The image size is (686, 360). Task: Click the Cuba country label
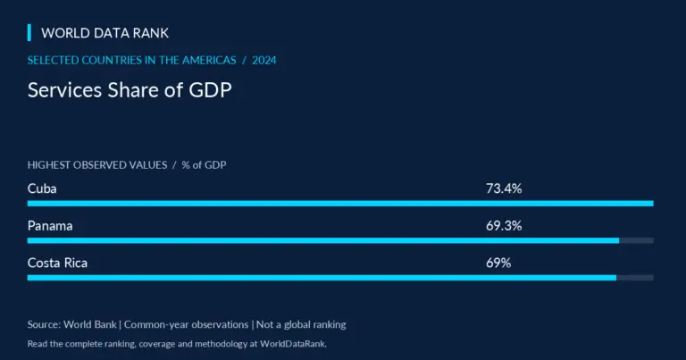[42, 188]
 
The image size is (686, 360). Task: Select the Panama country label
[50, 226]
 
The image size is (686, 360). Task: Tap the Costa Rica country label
[57, 263]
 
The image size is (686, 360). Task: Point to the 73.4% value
[504, 188]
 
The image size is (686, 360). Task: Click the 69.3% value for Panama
[504, 226]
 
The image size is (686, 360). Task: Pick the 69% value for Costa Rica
[498, 263]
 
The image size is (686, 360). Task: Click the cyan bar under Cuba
[340, 204]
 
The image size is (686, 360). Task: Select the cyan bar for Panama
[323, 240]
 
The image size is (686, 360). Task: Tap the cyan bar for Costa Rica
[322, 278]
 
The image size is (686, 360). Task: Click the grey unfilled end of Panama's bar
[637, 240]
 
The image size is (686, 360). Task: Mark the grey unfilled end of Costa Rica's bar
[635, 278]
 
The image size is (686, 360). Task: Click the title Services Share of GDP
[130, 90]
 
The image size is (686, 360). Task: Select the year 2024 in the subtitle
[264, 61]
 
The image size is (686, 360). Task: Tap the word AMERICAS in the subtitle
[209, 61]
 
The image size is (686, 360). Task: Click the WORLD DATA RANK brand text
[105, 33]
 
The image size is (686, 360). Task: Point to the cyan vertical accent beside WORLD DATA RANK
[29, 33]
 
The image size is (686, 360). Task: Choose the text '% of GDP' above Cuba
[204, 165]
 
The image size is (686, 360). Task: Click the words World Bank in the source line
[90, 324]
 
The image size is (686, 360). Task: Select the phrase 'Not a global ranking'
[301, 324]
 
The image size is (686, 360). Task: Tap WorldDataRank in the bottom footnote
[293, 344]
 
